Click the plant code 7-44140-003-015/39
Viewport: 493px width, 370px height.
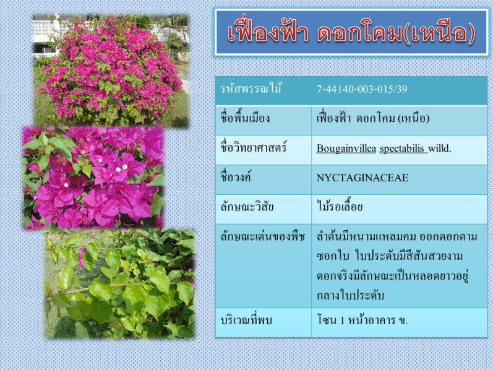362,89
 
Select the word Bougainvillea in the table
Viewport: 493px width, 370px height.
346,148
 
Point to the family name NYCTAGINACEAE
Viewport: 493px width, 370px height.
362,178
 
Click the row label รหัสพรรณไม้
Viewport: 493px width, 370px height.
251,88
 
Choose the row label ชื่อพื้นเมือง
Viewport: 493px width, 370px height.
245,118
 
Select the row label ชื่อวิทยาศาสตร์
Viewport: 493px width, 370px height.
254,147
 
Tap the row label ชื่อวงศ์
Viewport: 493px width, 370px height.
236,177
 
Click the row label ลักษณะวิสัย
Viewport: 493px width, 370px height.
247,207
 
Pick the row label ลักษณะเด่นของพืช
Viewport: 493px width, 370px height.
262,236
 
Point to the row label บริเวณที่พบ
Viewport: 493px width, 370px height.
246,321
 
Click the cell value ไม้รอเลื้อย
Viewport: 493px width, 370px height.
340,207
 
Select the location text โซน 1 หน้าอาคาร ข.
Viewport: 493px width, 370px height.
362,321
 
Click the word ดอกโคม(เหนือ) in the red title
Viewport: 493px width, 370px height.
396,33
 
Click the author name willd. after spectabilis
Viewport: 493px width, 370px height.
440,148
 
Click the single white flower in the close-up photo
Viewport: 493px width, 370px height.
66,185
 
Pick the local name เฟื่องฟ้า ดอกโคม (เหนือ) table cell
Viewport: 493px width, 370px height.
373,118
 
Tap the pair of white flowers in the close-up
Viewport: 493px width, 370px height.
121,168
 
